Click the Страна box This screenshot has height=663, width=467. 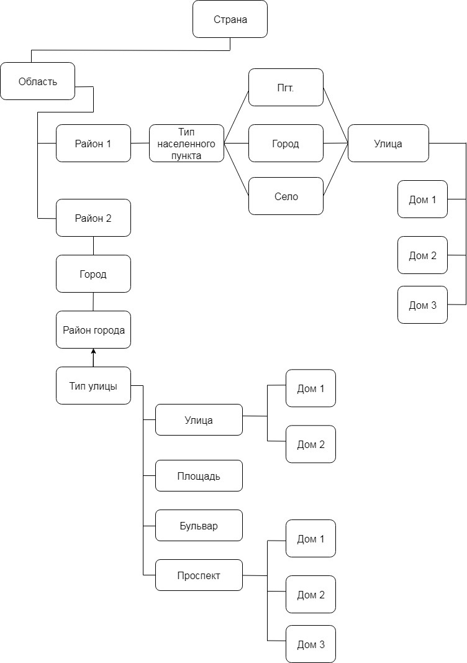pyautogui.click(x=230, y=19)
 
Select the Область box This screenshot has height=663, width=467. pyautogui.click(x=37, y=81)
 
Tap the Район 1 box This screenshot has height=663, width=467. pyautogui.click(x=93, y=143)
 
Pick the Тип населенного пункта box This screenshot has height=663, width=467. pyautogui.click(x=186, y=143)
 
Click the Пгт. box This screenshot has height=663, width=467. pyautogui.click(x=286, y=87)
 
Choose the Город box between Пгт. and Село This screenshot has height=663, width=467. pyautogui.click(x=286, y=143)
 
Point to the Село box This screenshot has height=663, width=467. pyautogui.click(x=286, y=196)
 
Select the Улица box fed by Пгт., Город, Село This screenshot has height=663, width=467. pyautogui.click(x=388, y=143)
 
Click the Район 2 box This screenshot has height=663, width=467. pyautogui.click(x=93, y=217)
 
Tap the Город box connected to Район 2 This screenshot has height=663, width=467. pyautogui.click(x=93, y=273)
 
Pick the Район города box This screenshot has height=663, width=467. pyautogui.click(x=93, y=329)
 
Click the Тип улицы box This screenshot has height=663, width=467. pyautogui.click(x=93, y=385)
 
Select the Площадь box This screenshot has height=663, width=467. pyautogui.click(x=199, y=475)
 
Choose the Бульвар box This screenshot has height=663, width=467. pyautogui.click(x=199, y=525)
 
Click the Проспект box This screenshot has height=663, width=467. pyautogui.click(x=199, y=575)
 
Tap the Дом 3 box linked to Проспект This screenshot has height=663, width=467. pyautogui.click(x=311, y=644)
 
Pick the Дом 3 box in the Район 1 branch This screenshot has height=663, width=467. pyautogui.click(x=422, y=304)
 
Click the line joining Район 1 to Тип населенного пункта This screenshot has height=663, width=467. pyautogui.click(x=140, y=143)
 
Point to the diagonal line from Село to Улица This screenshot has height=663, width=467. pyautogui.click(x=335, y=170)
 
